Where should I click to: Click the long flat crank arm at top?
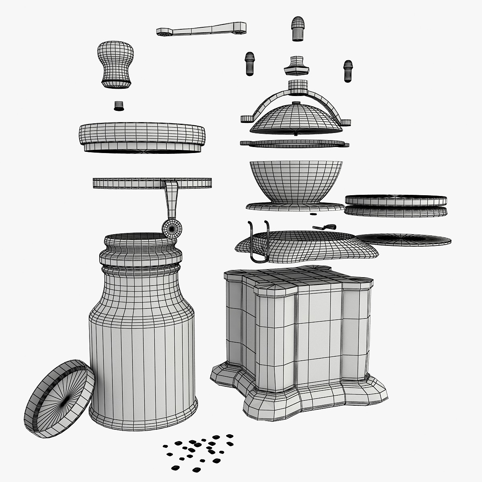coord(201,29)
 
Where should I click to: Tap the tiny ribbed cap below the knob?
coord(118,106)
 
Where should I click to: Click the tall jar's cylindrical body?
coord(143,353)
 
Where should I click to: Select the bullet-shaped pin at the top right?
coord(297,28)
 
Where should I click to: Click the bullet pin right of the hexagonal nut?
coord(348,71)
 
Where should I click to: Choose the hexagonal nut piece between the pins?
coord(297,66)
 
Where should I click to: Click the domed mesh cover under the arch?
coord(296,119)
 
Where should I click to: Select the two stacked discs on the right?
coord(396,206)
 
